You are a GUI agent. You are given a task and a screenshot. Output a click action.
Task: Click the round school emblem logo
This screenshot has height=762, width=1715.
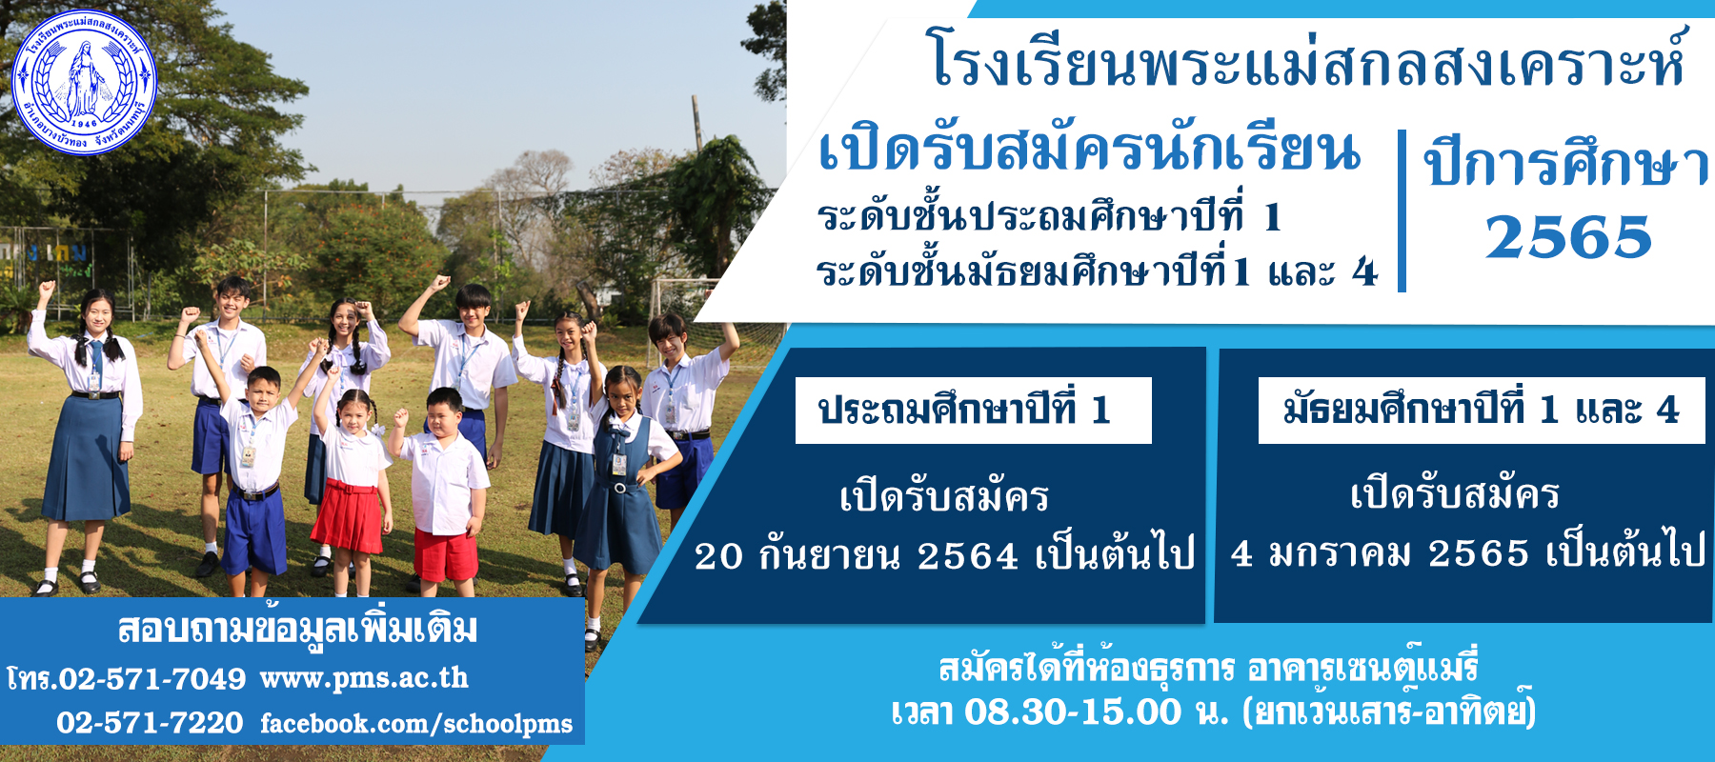pyautogui.click(x=85, y=82)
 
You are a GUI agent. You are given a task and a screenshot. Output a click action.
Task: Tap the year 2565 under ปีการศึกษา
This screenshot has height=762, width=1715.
pyautogui.click(x=1568, y=237)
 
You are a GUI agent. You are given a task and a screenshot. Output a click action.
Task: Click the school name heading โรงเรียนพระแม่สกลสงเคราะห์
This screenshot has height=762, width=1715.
pyautogui.click(x=1306, y=59)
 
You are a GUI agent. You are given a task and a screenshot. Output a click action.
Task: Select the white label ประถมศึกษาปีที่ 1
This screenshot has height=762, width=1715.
pyautogui.click(x=973, y=411)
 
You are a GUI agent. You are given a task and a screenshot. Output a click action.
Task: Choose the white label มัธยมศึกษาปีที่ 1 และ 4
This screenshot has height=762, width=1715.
pyautogui.click(x=1482, y=411)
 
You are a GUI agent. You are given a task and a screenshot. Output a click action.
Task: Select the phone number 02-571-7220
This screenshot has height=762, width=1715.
pyautogui.click(x=150, y=723)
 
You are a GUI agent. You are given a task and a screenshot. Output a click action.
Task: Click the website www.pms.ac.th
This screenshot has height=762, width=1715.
pyautogui.click(x=364, y=678)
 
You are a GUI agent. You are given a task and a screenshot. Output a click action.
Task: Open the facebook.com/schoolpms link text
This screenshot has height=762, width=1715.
pyautogui.click(x=416, y=724)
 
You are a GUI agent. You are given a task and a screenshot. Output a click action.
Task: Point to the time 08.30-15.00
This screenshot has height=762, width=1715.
pyautogui.click(x=1073, y=712)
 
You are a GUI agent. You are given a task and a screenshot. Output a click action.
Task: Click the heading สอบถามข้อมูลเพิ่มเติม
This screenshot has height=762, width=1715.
pyautogui.click(x=297, y=629)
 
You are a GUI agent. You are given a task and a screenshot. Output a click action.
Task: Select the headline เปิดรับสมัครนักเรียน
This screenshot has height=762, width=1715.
pyautogui.click(x=1089, y=150)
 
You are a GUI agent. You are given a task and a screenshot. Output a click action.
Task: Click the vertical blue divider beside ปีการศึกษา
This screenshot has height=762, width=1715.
pyautogui.click(x=1402, y=211)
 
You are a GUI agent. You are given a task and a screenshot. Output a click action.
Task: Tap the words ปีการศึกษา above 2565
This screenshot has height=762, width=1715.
pyautogui.click(x=1566, y=164)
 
